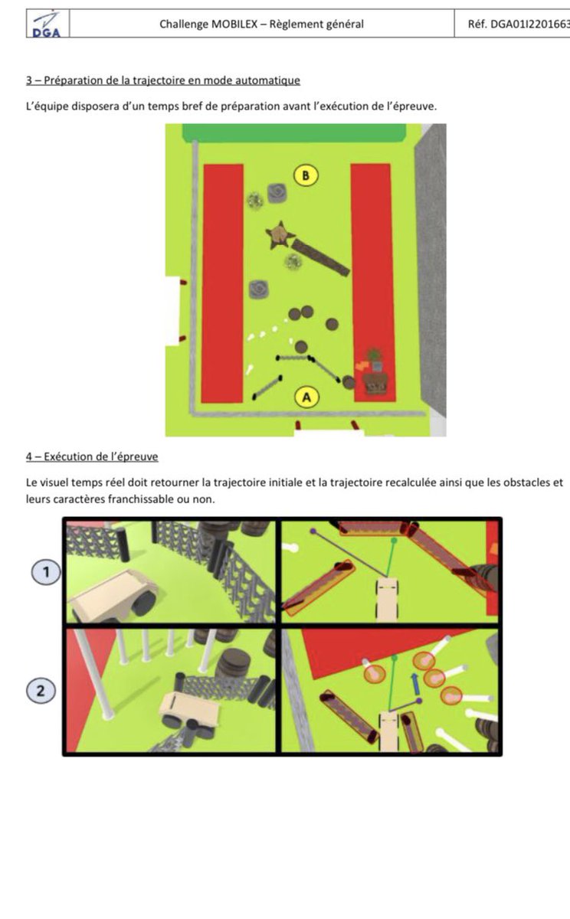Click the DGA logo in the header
[x=47, y=25]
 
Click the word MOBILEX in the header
[x=234, y=25]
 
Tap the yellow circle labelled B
[x=306, y=175]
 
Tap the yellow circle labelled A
[x=306, y=397]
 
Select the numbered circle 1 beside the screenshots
[x=46, y=571]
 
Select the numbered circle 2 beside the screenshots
[x=41, y=691]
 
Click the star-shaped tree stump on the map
[x=280, y=235]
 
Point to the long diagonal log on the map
[x=320, y=257]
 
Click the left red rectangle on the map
[x=223, y=283]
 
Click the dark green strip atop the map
[x=294, y=132]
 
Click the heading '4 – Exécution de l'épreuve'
[x=92, y=456]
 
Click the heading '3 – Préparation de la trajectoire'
[x=163, y=80]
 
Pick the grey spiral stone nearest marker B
[x=277, y=193]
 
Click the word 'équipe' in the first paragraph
[x=52, y=106]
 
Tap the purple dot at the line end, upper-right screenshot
[x=313, y=531]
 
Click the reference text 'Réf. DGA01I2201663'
[x=519, y=25]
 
